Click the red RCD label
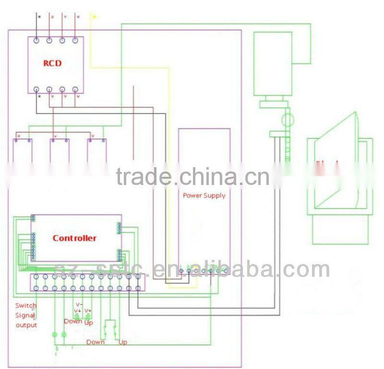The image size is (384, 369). pyautogui.click(x=52, y=63)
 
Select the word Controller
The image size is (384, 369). pyautogui.click(x=74, y=238)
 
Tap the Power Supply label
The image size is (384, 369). pyautogui.click(x=204, y=196)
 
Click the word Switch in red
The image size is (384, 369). pyautogui.click(x=25, y=306)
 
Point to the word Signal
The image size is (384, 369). pyautogui.click(x=25, y=315)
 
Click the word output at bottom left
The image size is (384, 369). pyautogui.click(x=26, y=325)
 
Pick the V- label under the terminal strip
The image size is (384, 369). pyautogui.click(x=78, y=304)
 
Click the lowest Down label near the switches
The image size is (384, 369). pyautogui.click(x=96, y=342)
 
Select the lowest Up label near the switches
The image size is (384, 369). pyautogui.click(x=123, y=342)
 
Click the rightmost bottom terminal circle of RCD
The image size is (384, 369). pyautogui.click(x=75, y=89)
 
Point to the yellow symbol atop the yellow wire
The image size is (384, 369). pyautogui.click(x=94, y=17)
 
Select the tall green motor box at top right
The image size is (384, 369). pyautogui.click(x=273, y=63)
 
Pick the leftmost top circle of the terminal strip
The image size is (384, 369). pyautogui.click(x=36, y=277)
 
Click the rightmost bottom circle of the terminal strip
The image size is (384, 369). pyautogui.click(x=138, y=288)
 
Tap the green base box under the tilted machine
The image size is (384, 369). pyautogui.click(x=340, y=230)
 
